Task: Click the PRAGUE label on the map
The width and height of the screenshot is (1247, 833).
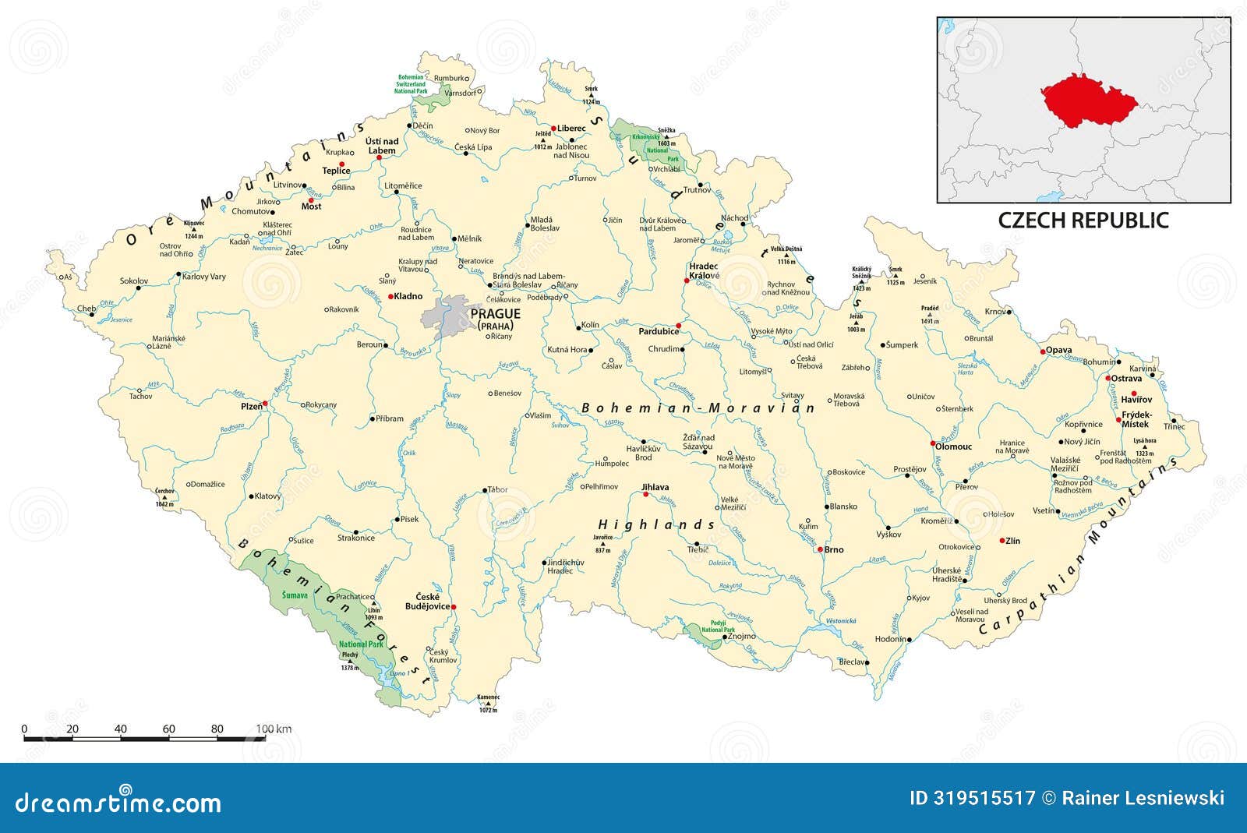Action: pos(495,313)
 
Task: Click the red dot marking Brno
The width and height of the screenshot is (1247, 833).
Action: pos(819,549)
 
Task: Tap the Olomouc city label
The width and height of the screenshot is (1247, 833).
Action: pos(956,447)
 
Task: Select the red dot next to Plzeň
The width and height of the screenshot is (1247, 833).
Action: pos(265,404)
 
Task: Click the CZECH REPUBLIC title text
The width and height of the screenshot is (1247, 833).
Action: pos(1083,221)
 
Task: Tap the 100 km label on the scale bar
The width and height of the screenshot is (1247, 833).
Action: pos(274,729)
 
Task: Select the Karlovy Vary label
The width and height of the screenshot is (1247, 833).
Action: pos(204,276)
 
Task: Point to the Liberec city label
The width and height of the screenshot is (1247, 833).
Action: pos(571,128)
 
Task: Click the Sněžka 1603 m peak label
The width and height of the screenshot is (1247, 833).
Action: pos(666,139)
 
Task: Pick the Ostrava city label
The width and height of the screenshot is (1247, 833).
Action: pos(1126,378)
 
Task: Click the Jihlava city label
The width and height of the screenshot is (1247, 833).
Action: pos(655,487)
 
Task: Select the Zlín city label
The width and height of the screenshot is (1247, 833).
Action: pos(1013,541)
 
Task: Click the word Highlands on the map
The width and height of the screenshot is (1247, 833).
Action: pos(656,525)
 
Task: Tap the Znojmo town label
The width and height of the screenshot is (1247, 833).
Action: pos(743,637)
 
